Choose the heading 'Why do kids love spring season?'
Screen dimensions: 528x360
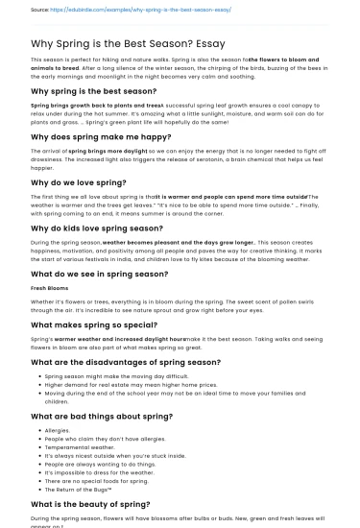(97, 228)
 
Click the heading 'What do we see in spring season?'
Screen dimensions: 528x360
(100, 274)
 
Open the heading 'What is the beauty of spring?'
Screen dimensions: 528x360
(90, 503)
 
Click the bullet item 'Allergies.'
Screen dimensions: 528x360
(58, 430)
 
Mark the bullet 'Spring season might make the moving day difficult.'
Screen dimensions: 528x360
(125, 377)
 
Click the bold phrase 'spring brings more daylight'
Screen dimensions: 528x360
(106, 152)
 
